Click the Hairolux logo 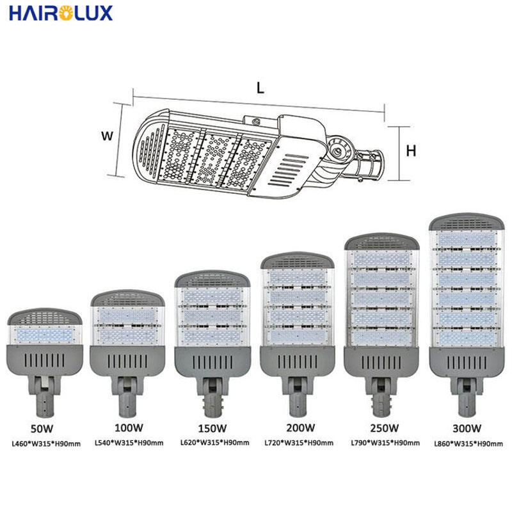tap(61, 13)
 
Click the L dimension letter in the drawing tap(260, 88)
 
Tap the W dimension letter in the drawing tap(107, 136)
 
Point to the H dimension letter tap(411, 151)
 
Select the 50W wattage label tap(42, 429)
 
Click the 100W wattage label tap(129, 428)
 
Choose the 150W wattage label tap(212, 428)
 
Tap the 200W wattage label tap(301, 428)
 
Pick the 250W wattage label tap(385, 428)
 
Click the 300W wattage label tap(467, 428)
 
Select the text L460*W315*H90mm tap(46, 444)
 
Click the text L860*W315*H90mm tap(468, 444)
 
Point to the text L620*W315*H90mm tap(215, 443)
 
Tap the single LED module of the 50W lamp tap(45, 335)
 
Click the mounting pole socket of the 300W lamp tap(467, 405)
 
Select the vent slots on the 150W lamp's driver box tap(212, 362)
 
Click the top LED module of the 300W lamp tap(467, 239)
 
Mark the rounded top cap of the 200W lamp tap(297, 260)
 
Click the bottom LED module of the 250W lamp tap(381, 337)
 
